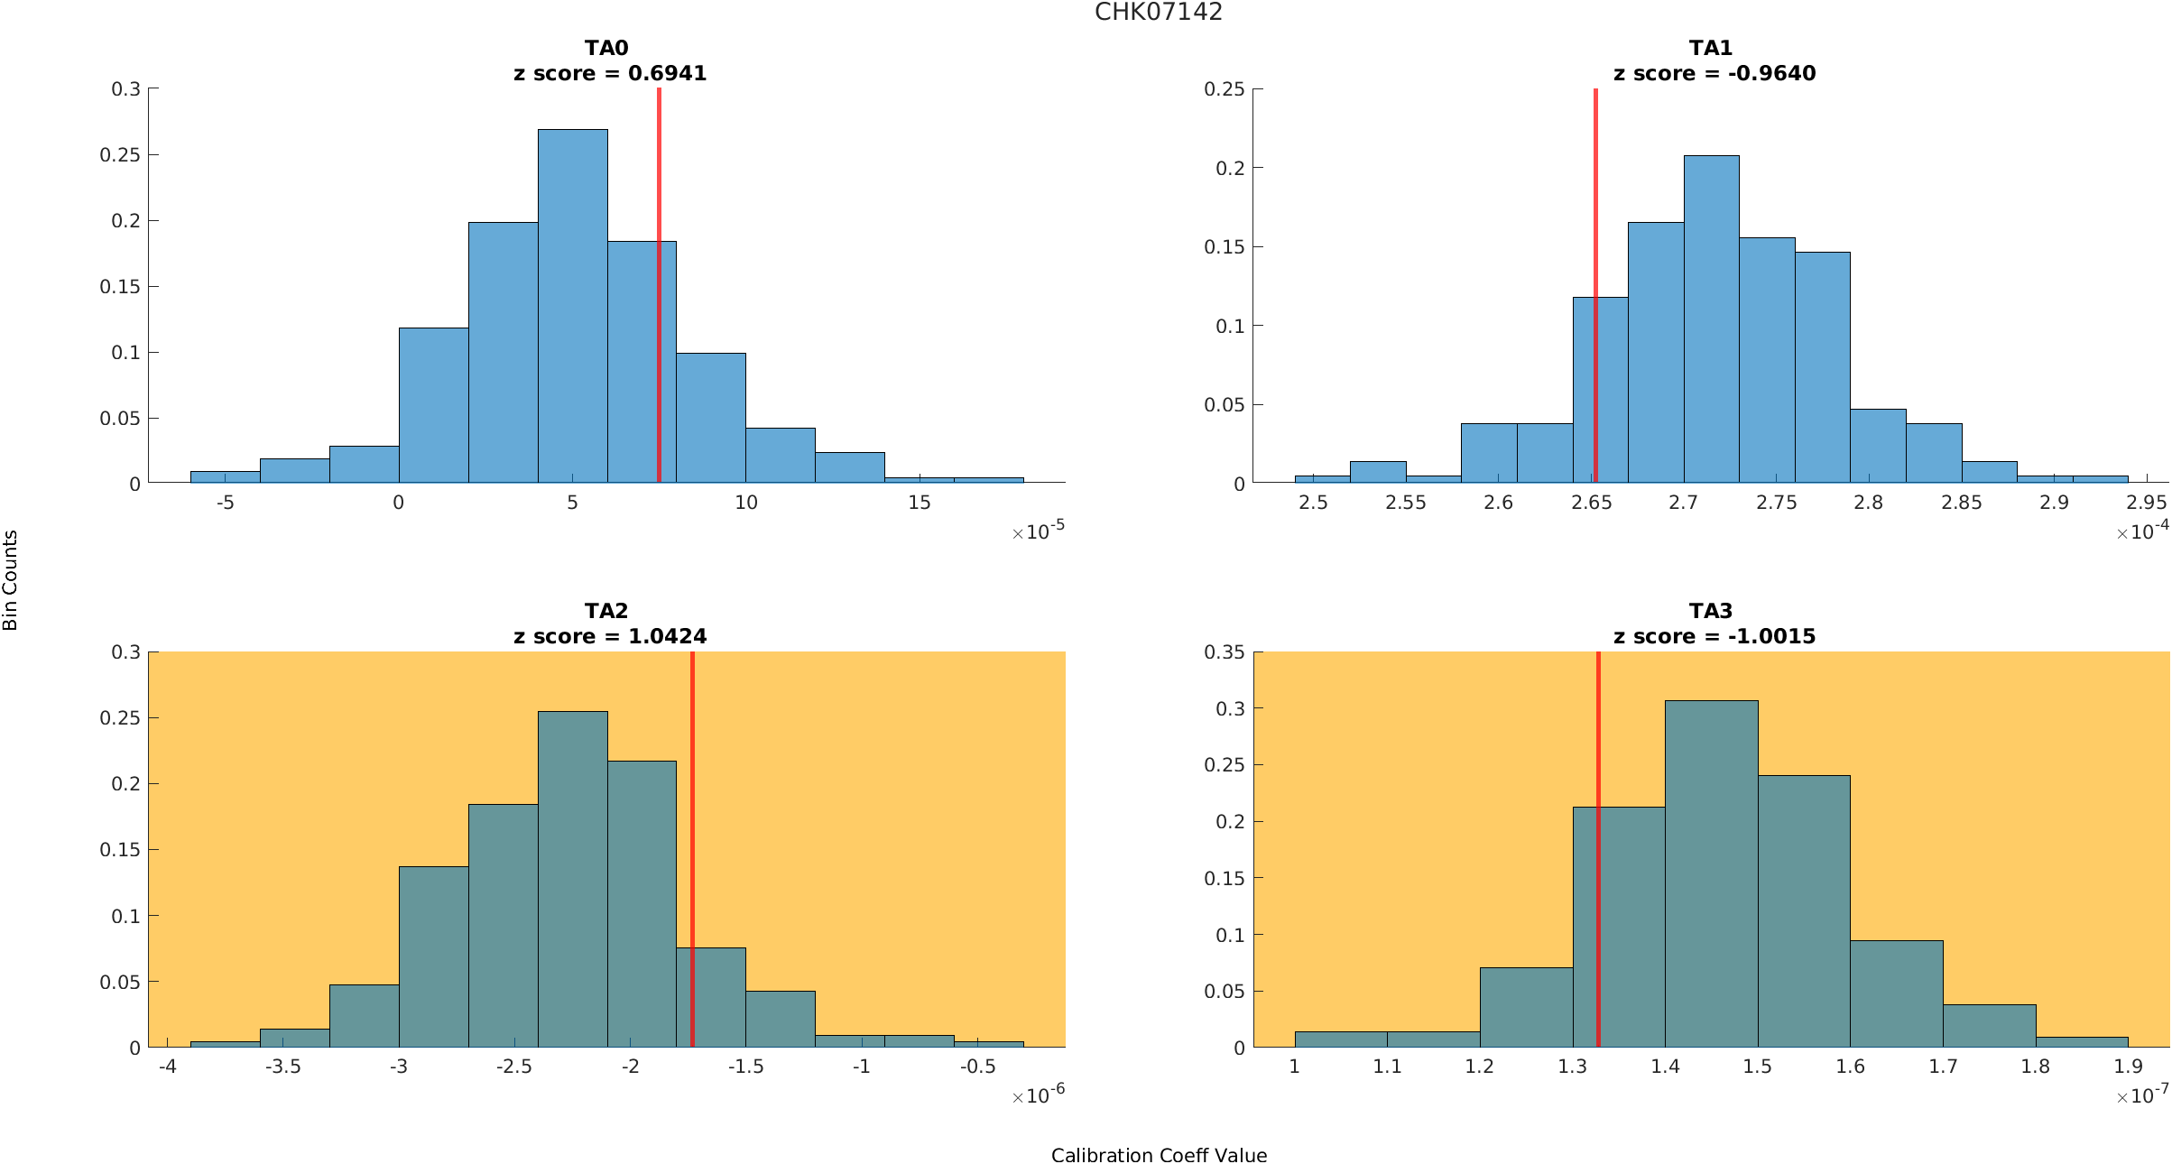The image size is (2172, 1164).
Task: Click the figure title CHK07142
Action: (1158, 12)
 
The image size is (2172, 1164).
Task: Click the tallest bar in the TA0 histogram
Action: (572, 307)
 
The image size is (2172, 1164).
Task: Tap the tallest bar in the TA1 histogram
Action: (1711, 320)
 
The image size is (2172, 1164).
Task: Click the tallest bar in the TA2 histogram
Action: (572, 880)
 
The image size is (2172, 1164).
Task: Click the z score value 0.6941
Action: (667, 73)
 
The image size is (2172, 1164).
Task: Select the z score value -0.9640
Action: (1771, 73)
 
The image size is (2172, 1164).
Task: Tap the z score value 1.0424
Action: (667, 636)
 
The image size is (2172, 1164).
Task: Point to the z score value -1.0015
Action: (1771, 636)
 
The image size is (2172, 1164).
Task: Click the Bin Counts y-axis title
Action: (10, 580)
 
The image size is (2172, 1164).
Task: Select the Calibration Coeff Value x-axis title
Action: (1159, 1155)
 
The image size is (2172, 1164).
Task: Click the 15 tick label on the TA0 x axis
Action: (919, 503)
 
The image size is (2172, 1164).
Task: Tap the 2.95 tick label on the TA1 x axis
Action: (2146, 503)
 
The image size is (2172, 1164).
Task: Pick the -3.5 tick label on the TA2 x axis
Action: (282, 1067)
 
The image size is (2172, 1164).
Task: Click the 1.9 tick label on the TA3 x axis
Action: (2128, 1067)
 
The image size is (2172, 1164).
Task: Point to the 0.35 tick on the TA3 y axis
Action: (1224, 652)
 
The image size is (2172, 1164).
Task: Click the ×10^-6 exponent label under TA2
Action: (1039, 1095)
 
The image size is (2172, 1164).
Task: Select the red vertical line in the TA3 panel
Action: (1598, 848)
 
